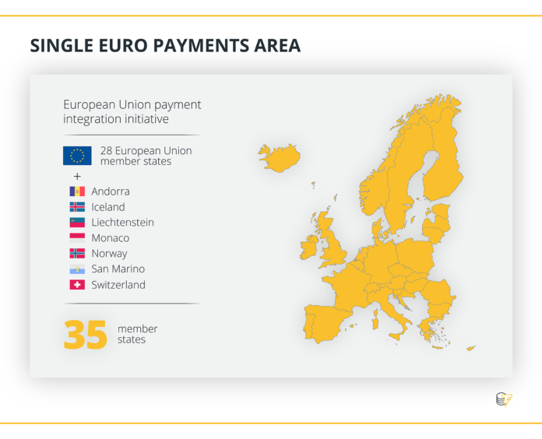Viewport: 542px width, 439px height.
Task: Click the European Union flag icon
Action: [77, 156]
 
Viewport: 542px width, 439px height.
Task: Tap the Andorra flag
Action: [77, 191]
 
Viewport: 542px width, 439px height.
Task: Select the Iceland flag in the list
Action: [77, 207]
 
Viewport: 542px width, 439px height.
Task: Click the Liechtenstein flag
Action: [77, 223]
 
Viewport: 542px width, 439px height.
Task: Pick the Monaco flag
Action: [77, 238]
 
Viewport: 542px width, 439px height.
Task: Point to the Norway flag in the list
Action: [77, 254]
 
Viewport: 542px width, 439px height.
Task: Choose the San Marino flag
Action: [77, 269]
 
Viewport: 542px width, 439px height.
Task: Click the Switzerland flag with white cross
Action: [77, 285]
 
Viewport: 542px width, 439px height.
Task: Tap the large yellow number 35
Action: [86, 335]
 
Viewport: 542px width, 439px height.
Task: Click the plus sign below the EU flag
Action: [77, 177]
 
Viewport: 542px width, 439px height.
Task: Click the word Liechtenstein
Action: [122, 223]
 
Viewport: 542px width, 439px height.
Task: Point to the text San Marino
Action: [118, 269]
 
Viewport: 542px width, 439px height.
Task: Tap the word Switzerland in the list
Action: [118, 285]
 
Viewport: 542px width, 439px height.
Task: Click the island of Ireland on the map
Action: [308, 248]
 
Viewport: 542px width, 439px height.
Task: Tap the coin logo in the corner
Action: [504, 399]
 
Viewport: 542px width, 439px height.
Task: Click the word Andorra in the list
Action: [111, 191]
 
